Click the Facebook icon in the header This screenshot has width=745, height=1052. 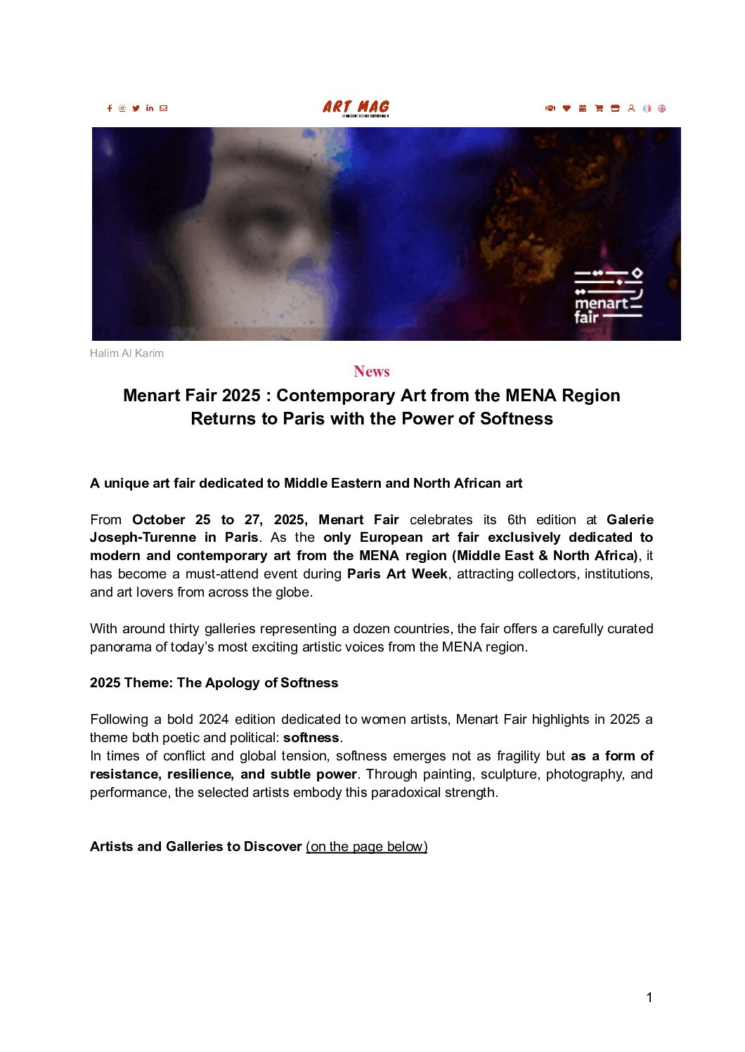point(110,108)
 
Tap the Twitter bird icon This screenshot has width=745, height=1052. point(136,108)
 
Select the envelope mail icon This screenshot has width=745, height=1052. point(164,108)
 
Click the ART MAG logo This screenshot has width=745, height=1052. point(356,107)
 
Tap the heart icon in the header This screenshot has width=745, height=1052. point(566,108)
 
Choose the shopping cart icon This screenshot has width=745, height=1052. point(599,108)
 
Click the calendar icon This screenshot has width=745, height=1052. point(583,108)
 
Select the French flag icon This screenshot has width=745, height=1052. point(647,108)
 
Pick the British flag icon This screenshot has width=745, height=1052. point(661,108)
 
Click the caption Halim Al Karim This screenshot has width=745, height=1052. point(127,353)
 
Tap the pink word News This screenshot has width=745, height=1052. point(372,371)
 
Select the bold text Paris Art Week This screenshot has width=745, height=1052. point(397,573)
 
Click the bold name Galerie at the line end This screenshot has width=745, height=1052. point(630,519)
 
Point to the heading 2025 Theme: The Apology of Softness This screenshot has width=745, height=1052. point(214,682)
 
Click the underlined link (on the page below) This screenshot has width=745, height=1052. point(366,846)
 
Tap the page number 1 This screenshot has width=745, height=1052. point(649,997)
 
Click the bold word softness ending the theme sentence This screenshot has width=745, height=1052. point(311,737)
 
